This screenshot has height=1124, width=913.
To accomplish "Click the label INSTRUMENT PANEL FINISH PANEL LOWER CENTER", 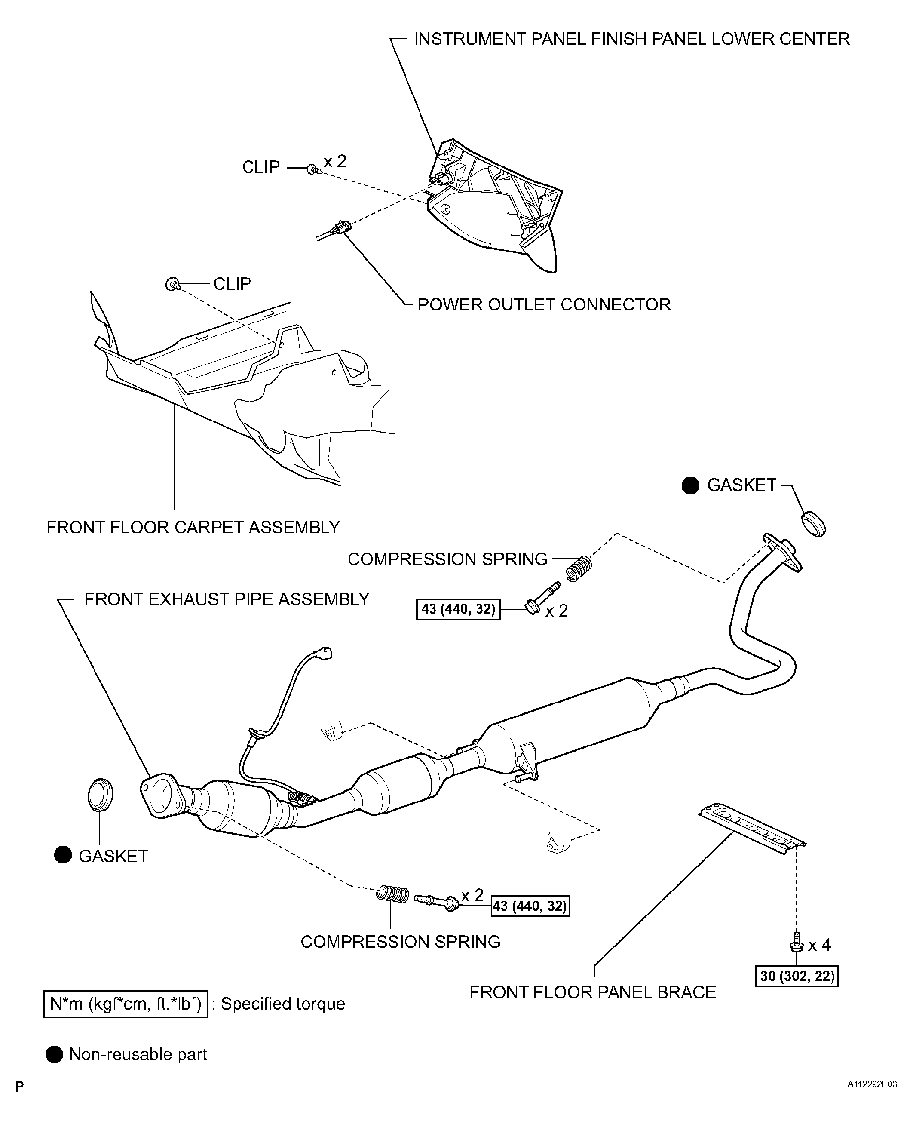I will point(631,39).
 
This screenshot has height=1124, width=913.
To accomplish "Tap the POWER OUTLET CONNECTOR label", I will point(544,304).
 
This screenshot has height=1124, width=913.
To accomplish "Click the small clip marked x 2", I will point(313,169).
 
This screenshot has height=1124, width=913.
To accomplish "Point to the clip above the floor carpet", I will point(172,285).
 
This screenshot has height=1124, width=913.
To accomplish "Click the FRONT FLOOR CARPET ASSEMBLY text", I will point(193,527).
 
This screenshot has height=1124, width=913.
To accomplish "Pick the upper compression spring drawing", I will point(579,568).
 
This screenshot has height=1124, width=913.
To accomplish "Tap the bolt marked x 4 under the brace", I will point(796,942).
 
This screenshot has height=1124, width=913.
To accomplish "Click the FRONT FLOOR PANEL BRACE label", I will point(592,992).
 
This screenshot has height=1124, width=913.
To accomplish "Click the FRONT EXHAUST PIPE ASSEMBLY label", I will point(227,599).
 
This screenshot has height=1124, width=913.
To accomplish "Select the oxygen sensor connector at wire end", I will point(325,652).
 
